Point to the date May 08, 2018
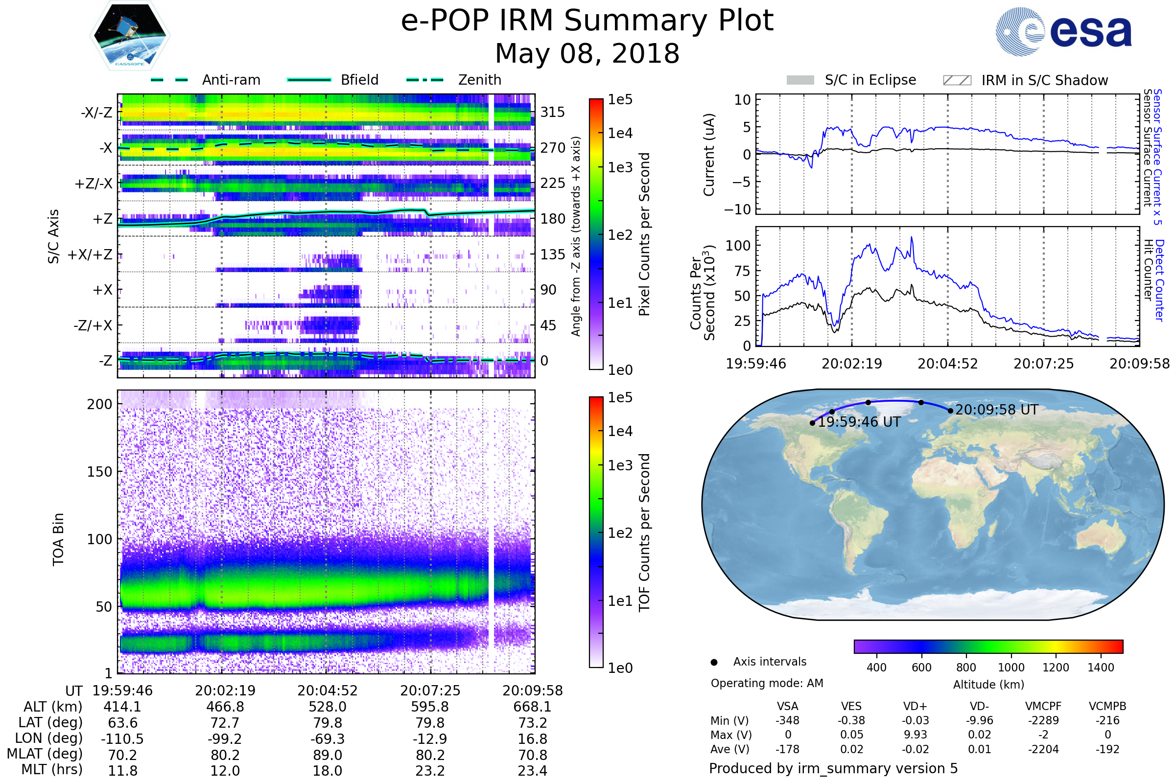(587, 53)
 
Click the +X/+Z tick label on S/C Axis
(90, 254)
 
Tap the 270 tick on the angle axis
(553, 148)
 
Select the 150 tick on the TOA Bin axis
(99, 472)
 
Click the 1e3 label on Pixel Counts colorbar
(620, 167)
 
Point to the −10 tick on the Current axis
(737, 209)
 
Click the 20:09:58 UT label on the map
(997, 410)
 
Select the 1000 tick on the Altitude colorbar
(1010, 668)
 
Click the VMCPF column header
(1043, 706)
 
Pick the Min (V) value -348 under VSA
(787, 720)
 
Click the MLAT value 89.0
(327, 755)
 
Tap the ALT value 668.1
(532, 707)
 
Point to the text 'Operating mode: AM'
(767, 683)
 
